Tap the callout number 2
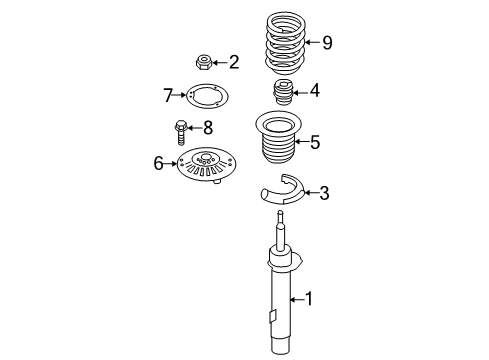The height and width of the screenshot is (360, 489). [x=234, y=63]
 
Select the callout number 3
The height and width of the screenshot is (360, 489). [x=323, y=192]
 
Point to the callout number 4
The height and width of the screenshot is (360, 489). [x=314, y=92]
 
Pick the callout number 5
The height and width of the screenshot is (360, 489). [x=314, y=143]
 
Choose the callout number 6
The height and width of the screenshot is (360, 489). [x=157, y=162]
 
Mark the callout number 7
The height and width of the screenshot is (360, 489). [x=169, y=95]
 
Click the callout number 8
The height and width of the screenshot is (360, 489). [x=208, y=128]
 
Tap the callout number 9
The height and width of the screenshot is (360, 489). [x=325, y=42]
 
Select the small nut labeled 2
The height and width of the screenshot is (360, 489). [x=205, y=63]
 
